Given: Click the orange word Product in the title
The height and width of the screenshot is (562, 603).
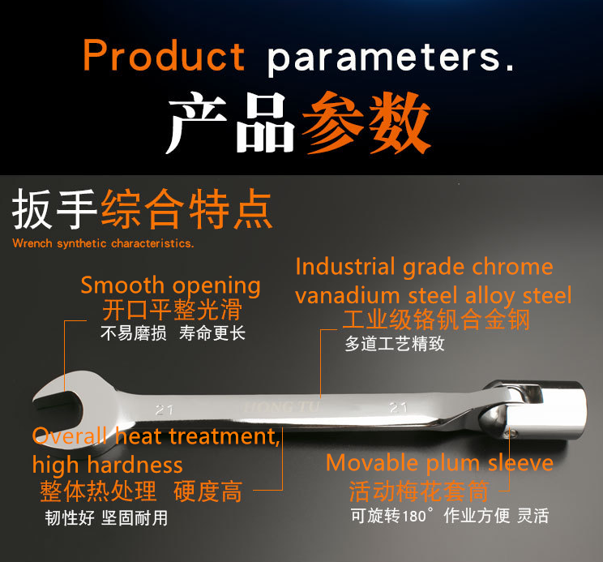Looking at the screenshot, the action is point(164,55).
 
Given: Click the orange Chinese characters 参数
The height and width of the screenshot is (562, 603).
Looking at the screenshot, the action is point(366,122).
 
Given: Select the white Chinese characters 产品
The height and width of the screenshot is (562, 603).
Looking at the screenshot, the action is point(231,122).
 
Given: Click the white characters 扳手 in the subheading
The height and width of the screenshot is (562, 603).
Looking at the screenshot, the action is point(53,209).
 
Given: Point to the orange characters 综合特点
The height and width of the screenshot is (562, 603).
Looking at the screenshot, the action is point(187,209).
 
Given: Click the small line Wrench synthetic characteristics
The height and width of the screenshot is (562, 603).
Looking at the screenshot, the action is point(103,243).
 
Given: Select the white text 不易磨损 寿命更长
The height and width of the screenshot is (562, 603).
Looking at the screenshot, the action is point(173,333).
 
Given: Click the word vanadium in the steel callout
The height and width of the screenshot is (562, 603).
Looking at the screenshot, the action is point(348,296).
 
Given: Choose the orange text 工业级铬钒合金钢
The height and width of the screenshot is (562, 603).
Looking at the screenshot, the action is point(436,320).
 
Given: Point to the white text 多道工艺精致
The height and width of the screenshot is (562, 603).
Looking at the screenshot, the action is point(395,344).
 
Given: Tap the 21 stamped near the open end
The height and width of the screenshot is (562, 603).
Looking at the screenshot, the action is point(165,410).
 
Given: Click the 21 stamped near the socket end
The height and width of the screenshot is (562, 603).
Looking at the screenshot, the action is point(398,407).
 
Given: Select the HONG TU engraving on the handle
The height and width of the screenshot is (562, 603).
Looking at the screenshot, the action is point(282,407).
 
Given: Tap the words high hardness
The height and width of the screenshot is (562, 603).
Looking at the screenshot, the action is point(107,465).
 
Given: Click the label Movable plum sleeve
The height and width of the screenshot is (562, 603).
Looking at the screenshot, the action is point(439,463).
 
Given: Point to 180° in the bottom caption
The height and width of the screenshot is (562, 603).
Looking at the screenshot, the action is point(417,516).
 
